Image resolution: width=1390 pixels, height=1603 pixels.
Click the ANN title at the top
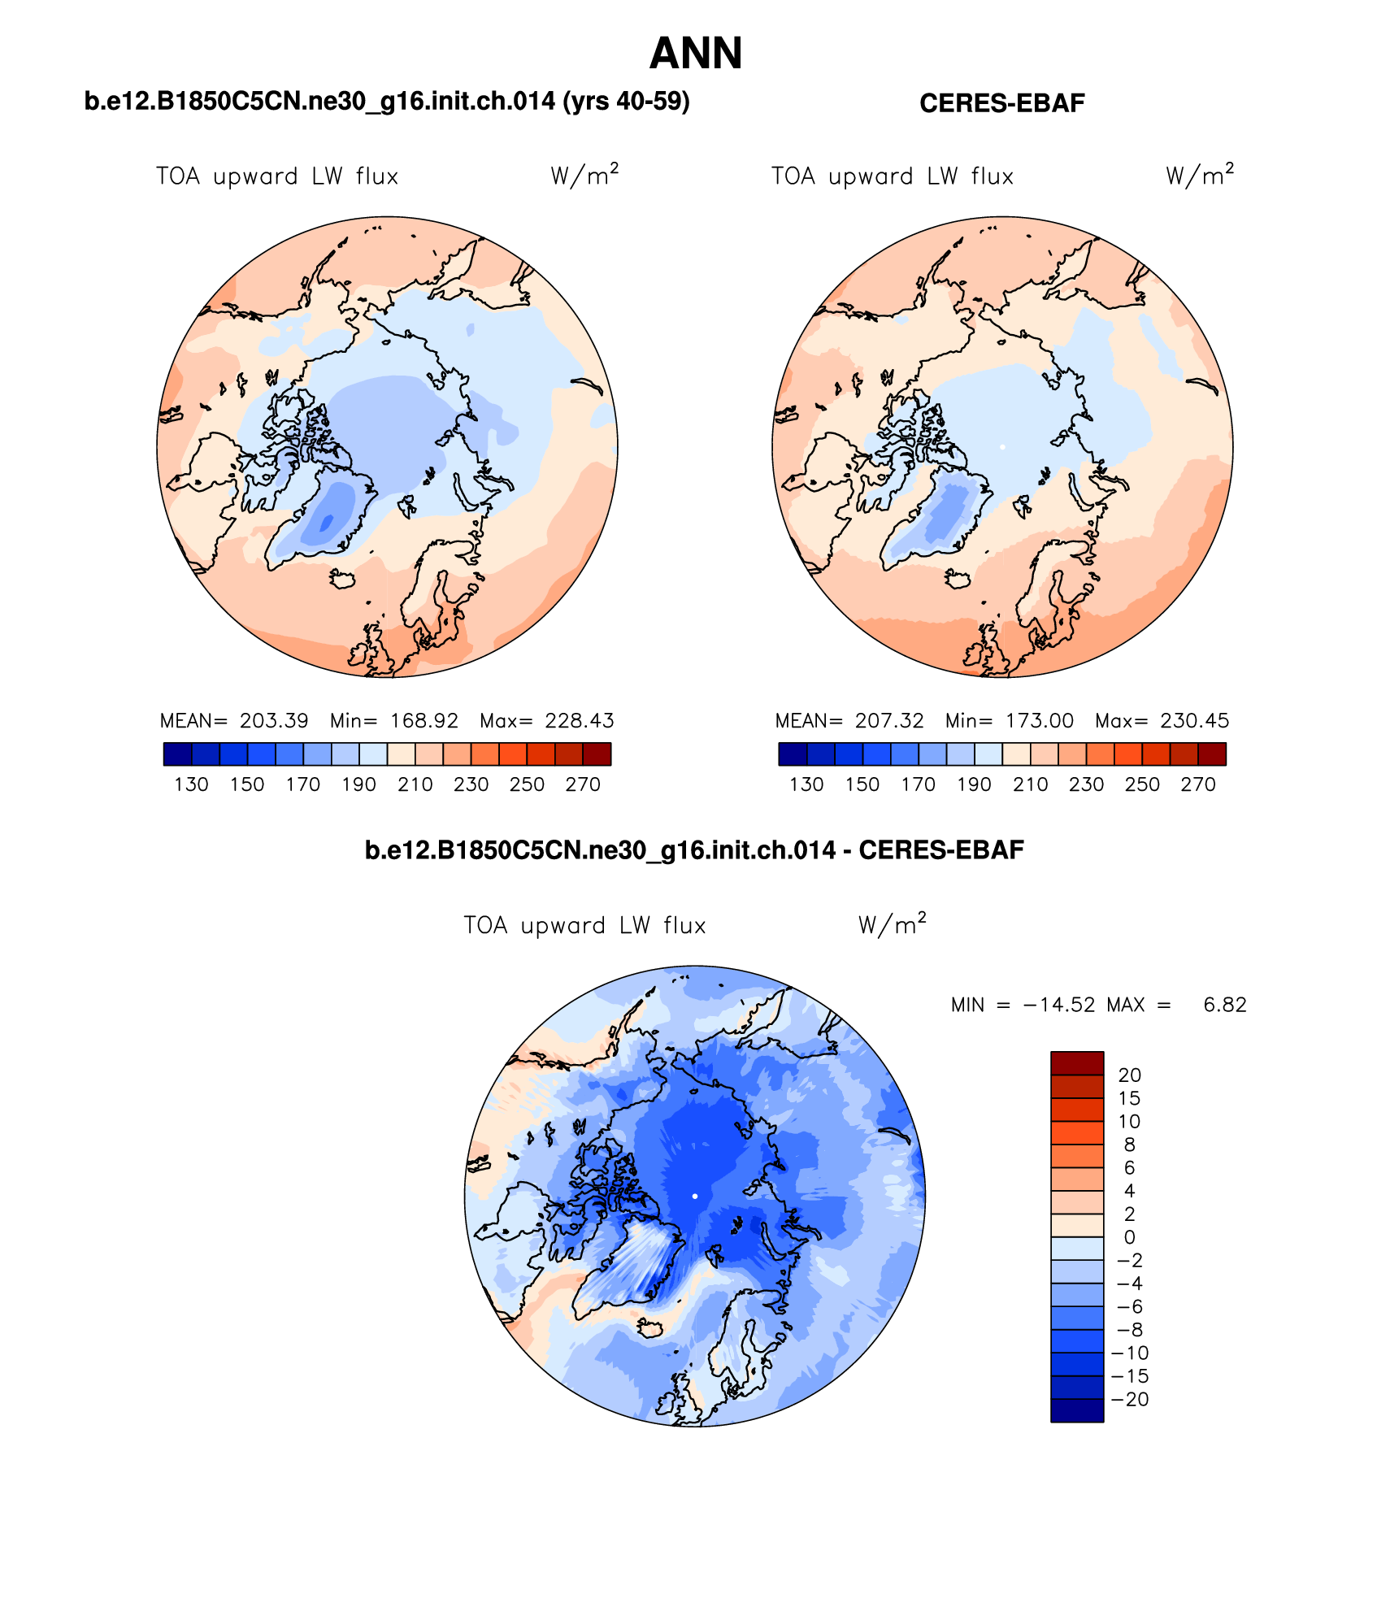696,54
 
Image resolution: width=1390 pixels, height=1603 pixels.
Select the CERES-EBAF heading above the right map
1001,103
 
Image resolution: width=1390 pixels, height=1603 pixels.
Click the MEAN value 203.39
274,721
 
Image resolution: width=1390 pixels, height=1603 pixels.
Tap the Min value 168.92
424,721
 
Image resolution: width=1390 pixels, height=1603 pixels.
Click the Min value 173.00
1039,721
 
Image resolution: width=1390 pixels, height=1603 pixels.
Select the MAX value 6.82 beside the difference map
1224,1005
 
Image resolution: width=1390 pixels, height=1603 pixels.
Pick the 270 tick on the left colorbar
583,784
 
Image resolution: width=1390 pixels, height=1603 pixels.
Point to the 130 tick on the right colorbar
806,784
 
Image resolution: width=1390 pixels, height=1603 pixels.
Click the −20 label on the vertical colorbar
1130,1400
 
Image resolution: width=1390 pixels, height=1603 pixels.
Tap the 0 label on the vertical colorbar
1129,1237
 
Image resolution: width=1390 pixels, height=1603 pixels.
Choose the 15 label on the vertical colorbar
1129,1098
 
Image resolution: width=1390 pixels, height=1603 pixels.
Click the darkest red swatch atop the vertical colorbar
1077,1062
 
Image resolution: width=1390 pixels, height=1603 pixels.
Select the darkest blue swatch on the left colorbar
177,754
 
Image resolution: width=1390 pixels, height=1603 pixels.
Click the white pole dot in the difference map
695,1196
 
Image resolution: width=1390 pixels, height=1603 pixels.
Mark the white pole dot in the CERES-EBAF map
1002,447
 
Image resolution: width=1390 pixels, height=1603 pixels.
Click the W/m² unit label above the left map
584,175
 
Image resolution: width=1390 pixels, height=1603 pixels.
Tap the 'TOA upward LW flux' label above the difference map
584,925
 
